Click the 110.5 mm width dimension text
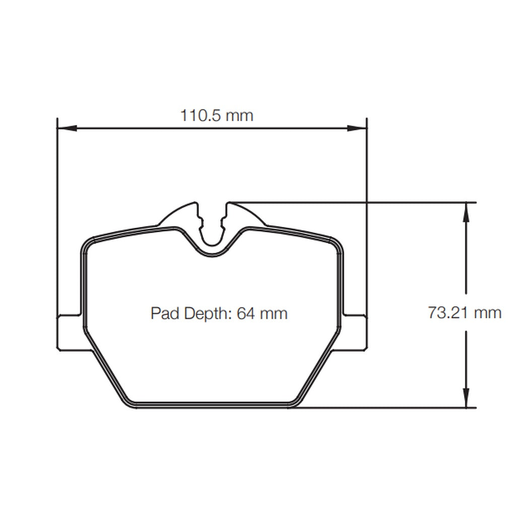tap(217, 116)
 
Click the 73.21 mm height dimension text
tap(465, 313)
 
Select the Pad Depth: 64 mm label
tap(219, 313)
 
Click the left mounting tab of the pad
tap(70, 332)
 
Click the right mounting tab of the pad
tap(355, 332)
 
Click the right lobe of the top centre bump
tap(245, 216)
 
